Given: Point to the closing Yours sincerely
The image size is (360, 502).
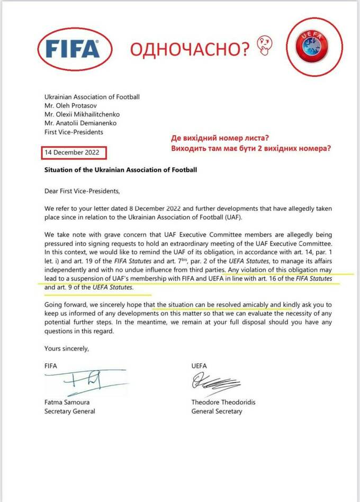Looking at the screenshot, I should [x=67, y=348].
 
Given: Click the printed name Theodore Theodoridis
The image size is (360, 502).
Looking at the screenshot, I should [x=223, y=402].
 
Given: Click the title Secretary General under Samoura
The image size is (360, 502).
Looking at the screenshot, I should [x=70, y=411].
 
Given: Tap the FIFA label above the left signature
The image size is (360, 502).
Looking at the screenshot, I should [x=51, y=366].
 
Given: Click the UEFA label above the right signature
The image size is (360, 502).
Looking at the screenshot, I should [x=200, y=366].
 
